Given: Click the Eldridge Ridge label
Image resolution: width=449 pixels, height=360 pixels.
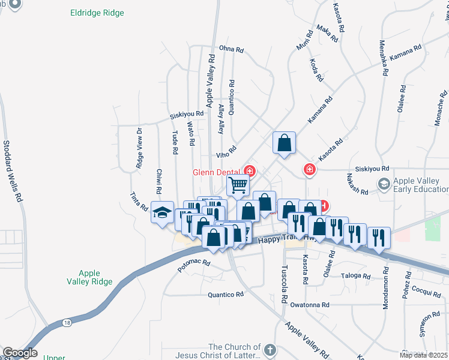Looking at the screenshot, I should click(x=97, y=13).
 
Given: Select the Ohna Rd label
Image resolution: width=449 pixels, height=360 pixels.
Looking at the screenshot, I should click(x=233, y=49).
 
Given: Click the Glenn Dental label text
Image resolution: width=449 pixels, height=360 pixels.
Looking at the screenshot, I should click(x=216, y=172).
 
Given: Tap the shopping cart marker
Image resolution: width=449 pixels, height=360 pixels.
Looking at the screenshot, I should click(x=238, y=185).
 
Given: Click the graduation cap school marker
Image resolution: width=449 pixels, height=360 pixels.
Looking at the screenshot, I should click(x=162, y=212).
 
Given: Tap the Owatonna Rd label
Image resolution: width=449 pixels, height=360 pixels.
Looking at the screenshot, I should click(x=310, y=305).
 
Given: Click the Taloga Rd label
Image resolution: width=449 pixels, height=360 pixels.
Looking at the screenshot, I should click(x=356, y=276).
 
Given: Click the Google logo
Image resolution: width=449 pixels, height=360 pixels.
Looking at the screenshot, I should click(x=20, y=353).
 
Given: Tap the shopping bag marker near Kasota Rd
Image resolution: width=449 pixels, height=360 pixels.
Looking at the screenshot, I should click(x=284, y=143).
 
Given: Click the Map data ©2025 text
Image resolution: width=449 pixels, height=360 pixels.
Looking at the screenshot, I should click(x=423, y=355).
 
